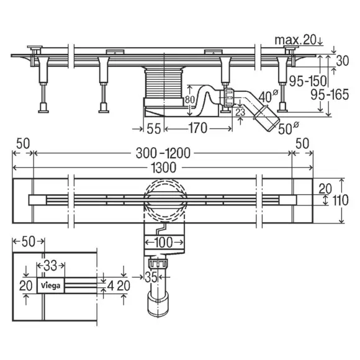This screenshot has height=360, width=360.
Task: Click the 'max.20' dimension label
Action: tap(295, 40)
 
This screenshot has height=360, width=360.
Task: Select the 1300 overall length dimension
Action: tap(164, 168)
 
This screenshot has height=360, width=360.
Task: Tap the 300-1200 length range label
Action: tap(163, 153)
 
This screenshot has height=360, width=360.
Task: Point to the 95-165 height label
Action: tap(330, 94)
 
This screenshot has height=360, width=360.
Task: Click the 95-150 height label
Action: tap(308, 81)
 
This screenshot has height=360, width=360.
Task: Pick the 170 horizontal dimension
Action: tap(198, 128)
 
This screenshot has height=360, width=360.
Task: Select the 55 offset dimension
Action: tap(153, 128)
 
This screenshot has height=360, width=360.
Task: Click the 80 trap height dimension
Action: tap(190, 100)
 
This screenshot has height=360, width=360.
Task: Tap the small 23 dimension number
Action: tap(240, 112)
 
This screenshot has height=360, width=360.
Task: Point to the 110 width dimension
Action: tap(340, 200)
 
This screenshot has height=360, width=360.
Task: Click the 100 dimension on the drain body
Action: tap(164, 242)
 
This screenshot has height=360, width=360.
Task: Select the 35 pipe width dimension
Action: tap(151, 277)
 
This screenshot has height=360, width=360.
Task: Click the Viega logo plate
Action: tap(51, 286)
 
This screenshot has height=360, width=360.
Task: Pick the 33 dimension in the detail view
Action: tap(50, 266)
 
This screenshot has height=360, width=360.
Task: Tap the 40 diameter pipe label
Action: tap(268, 96)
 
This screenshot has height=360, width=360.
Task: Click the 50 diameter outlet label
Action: tap(289, 128)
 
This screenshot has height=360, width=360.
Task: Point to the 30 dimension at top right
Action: tap(343, 61)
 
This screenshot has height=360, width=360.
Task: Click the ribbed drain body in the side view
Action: tap(164, 83)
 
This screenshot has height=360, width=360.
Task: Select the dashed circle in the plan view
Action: tap(164, 199)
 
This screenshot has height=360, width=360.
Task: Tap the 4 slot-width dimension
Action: tap(110, 286)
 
